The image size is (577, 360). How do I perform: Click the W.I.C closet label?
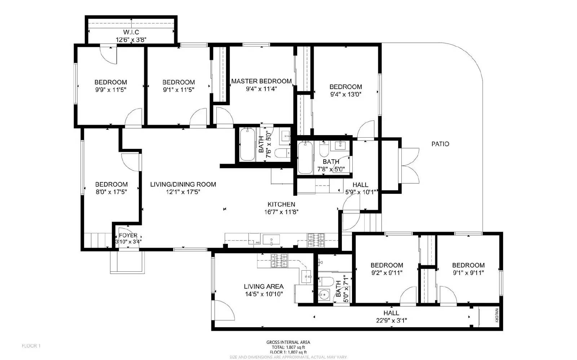tap(131, 32)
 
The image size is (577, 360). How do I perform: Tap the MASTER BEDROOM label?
tap(261, 81)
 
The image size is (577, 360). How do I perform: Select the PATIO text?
tap(440, 144)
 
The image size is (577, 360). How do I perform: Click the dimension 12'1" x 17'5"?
tap(183, 192)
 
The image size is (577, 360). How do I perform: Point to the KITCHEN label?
tap(281, 204)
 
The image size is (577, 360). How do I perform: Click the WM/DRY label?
tap(497, 313)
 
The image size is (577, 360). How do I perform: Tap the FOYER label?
tap(128, 235)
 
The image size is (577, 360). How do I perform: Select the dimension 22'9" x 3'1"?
tap(391, 320)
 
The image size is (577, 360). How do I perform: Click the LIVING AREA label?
tap(264, 286)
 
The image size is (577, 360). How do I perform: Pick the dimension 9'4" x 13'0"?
tap(345, 94)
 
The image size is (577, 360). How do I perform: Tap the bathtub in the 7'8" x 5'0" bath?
tap(305, 157)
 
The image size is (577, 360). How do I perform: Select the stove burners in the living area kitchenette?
tap(279, 261)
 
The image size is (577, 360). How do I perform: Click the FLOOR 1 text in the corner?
tap(31, 346)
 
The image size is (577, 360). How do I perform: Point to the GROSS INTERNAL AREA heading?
tap(288, 342)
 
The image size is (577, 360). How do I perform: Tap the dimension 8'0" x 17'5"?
tap(111, 192)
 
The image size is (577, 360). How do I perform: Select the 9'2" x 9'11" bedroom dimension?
tap(387, 273)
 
